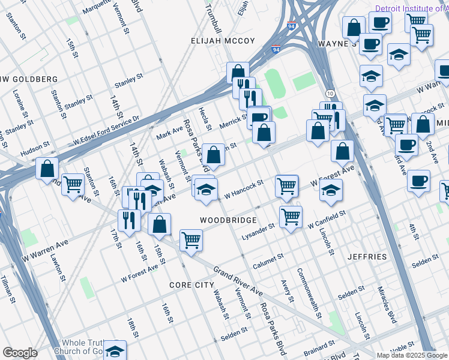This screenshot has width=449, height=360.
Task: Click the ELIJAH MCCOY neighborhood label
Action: pyautogui.click(x=223, y=41)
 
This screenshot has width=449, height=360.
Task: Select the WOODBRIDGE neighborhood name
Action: pyautogui.click(x=228, y=220)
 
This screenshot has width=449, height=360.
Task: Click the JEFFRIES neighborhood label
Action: pyautogui.click(x=367, y=257)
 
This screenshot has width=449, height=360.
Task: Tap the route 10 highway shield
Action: pyautogui.click(x=330, y=94)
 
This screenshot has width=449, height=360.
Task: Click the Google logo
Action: pyautogui.click(x=20, y=353)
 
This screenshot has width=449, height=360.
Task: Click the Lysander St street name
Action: pyautogui.click(x=258, y=232)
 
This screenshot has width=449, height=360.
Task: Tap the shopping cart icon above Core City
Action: pyautogui.click(x=191, y=240)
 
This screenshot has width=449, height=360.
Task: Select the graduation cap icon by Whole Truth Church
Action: pyautogui.click(x=115, y=350)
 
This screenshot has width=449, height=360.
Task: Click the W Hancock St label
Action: pyautogui.click(x=244, y=189)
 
